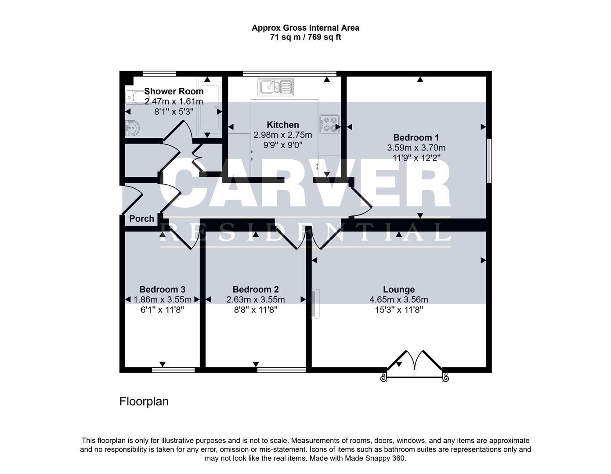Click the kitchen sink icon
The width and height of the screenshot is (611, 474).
(275, 87)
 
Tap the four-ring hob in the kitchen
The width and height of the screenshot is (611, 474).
(329, 124)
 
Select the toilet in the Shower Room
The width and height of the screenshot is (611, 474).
(131, 97)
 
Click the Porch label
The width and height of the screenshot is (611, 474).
(141, 219)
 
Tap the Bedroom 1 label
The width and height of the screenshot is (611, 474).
(416, 137)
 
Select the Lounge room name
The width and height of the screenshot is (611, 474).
(398, 289)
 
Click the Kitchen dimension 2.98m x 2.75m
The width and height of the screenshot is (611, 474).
(283, 135)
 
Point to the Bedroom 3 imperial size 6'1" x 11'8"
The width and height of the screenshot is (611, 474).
(162, 309)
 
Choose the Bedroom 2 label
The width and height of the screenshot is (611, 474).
(255, 289)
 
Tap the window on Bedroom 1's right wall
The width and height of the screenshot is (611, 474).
(489, 161)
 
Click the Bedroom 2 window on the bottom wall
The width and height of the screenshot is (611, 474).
(282, 370)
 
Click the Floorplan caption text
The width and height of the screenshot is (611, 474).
(144, 401)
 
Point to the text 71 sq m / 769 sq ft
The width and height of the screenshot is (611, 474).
(305, 37)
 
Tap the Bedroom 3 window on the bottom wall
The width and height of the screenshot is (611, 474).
(173, 370)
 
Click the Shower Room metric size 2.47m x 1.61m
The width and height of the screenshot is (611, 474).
(174, 101)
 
